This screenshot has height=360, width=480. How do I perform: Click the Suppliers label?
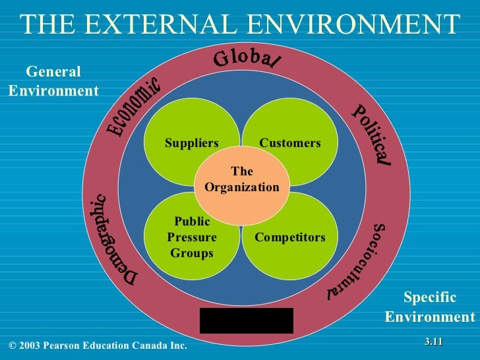click(191, 143)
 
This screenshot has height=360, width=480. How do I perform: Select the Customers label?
click(290, 143)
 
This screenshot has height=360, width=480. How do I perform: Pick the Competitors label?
click(290, 237)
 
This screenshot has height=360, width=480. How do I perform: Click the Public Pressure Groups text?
click(191, 237)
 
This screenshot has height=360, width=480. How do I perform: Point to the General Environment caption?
click(53, 81)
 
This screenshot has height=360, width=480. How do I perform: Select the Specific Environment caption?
click(429, 307)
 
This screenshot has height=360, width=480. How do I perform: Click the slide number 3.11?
click(433, 341)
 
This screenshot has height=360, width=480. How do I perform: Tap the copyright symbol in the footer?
click(13, 345)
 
